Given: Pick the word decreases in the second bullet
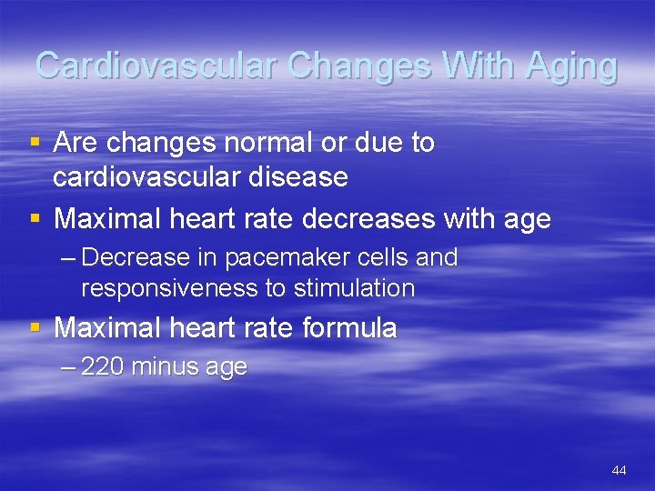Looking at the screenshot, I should pos(388,219).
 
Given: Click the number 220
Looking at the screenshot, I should pos(103,366).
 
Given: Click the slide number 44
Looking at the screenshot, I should pos(619,470).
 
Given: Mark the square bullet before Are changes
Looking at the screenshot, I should pos(35,143).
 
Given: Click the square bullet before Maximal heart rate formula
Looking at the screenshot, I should pos(35,327).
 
